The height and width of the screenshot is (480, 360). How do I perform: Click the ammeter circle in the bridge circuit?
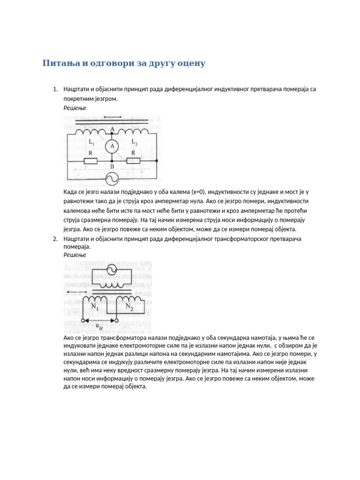pyautogui.click(x=112, y=146)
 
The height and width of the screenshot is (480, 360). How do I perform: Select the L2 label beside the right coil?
pyautogui.click(x=135, y=142)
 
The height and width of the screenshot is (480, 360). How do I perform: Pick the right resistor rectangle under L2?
pyautogui.click(x=134, y=161)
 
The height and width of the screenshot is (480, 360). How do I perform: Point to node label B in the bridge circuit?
pyautogui.click(x=112, y=166)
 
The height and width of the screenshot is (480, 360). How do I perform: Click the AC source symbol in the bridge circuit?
pyautogui.click(x=112, y=179)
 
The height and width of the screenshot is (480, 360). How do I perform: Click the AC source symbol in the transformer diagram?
pyautogui.click(x=112, y=270)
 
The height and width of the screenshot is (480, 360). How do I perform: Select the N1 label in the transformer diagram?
pyautogui.click(x=95, y=306)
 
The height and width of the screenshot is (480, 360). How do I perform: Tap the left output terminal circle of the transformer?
pyautogui.click(x=84, y=321)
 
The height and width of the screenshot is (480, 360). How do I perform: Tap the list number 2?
pyautogui.click(x=54, y=239)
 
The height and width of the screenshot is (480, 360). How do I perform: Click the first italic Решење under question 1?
pyautogui.click(x=75, y=108)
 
